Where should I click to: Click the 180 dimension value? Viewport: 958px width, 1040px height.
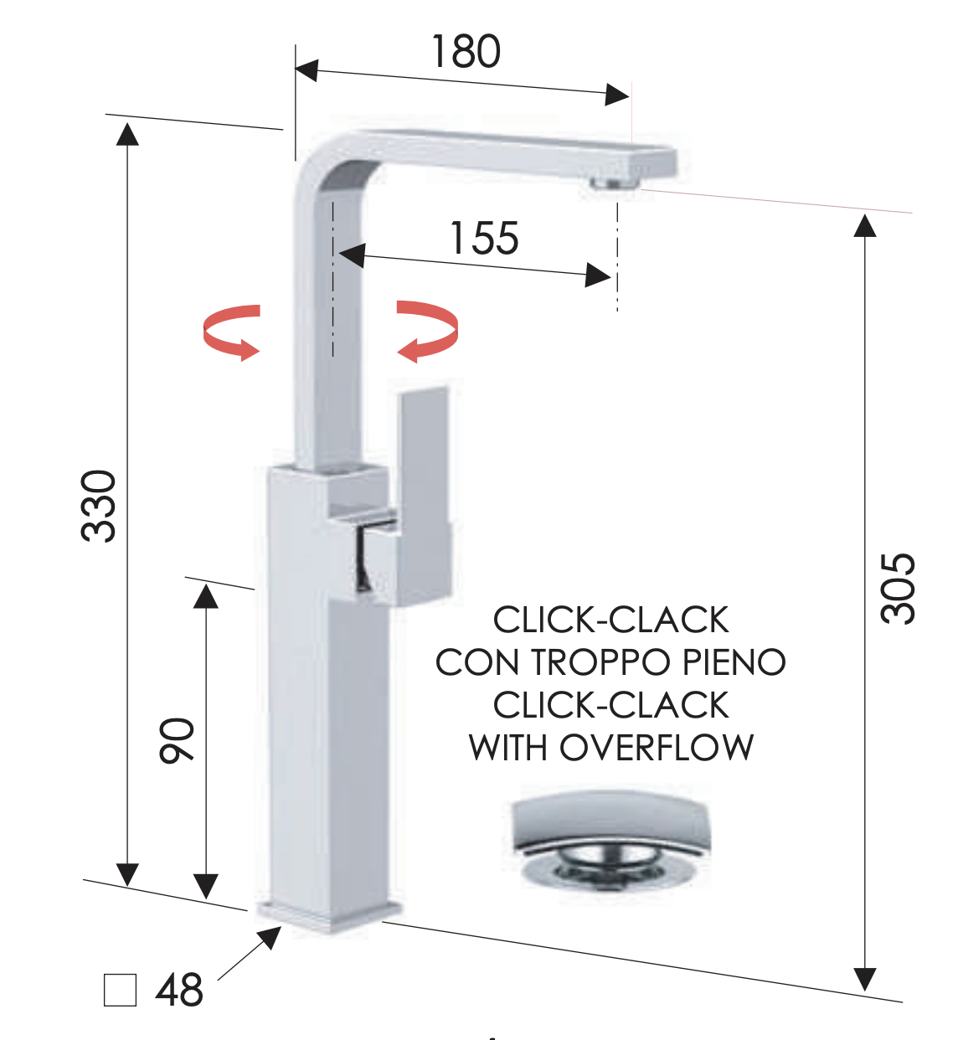[x=466, y=52]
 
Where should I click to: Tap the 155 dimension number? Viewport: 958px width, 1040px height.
[x=484, y=238]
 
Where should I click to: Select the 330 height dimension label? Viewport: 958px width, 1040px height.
[x=100, y=506]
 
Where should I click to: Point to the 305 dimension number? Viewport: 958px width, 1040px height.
[x=899, y=588]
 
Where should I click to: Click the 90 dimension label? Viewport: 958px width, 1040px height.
[x=177, y=740]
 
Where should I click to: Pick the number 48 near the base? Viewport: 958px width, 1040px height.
[x=179, y=990]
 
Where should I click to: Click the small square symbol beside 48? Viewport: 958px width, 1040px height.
[x=120, y=990]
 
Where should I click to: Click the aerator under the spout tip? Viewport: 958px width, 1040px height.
[x=615, y=183]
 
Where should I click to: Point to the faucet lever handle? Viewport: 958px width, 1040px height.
[x=425, y=494]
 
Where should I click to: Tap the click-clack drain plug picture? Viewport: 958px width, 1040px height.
[x=609, y=842]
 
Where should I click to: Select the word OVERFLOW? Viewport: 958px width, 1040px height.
[x=657, y=747]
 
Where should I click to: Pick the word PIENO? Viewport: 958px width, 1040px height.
[x=734, y=662]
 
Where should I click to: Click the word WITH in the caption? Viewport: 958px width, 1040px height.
[x=510, y=747]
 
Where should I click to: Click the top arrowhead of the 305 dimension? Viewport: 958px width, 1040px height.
[x=865, y=224]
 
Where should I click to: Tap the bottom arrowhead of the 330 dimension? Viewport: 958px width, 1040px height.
[x=127, y=874]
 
